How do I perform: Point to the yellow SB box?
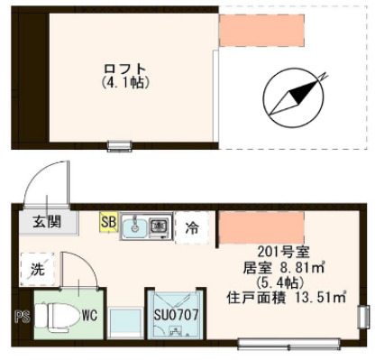(x=108, y=221)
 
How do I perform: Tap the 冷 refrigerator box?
(x=191, y=227)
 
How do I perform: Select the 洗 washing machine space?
(x=37, y=268)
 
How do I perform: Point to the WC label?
(x=89, y=317)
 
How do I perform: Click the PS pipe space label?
(x=23, y=317)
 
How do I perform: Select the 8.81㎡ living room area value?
(x=288, y=268)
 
